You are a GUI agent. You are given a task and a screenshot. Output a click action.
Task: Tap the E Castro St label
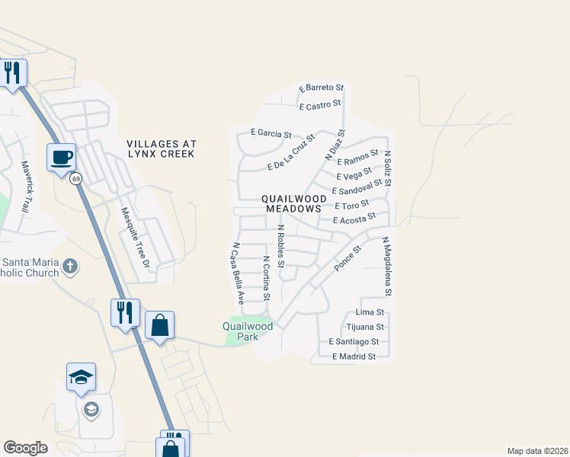(x=321, y=106)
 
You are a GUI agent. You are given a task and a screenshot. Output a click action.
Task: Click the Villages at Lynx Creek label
(x=162, y=149)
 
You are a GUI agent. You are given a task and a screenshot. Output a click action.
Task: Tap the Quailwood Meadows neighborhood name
(x=294, y=203)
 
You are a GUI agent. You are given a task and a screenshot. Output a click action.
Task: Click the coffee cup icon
(x=62, y=158)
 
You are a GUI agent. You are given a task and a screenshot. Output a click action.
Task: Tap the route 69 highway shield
(x=76, y=179)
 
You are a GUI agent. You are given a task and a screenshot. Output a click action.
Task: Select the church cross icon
(x=70, y=266)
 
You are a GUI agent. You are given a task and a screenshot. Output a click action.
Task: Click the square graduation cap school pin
(x=81, y=377)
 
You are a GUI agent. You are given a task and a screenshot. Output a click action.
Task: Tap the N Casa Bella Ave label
(x=239, y=272)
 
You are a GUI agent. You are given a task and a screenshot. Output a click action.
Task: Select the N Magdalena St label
(x=386, y=266)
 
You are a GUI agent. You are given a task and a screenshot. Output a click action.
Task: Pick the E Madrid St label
(x=354, y=356)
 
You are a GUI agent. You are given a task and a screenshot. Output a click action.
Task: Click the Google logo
(x=26, y=448)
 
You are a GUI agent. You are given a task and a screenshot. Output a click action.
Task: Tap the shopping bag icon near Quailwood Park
(x=160, y=325)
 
